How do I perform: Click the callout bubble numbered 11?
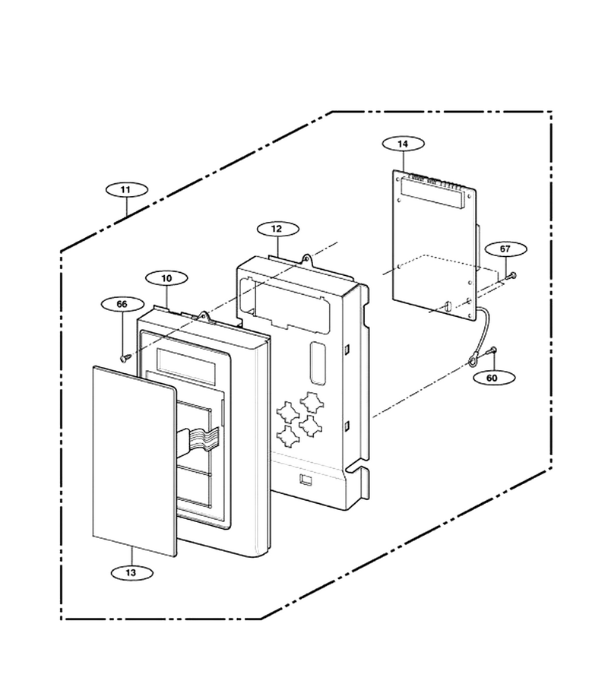coord(127,190)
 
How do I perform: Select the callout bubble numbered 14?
coord(403,144)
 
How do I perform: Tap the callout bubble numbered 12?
coord(278,229)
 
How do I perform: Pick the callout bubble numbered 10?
coord(166,278)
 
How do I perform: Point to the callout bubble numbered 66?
coord(122,304)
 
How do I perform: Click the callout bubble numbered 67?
coord(505,249)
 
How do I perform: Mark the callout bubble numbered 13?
coord(131,573)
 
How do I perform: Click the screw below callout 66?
coord(126,358)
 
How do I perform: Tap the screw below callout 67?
coord(511,276)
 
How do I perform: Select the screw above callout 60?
coord(492,350)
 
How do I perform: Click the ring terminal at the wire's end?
coord(473,361)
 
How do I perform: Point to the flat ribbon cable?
coord(198,438)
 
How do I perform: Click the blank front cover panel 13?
coord(135,461)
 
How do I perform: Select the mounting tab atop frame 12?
coord(308,260)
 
